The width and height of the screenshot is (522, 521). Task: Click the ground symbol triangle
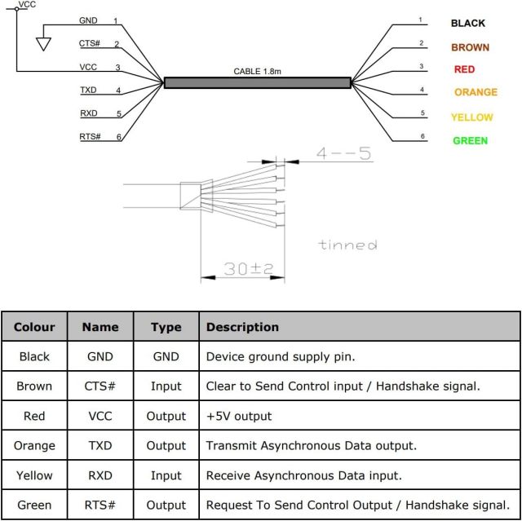pos(43,42)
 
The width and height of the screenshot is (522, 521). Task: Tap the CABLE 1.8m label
pos(257,71)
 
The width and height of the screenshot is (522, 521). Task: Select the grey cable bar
pos(257,82)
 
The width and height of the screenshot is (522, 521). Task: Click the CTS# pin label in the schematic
pos(90,43)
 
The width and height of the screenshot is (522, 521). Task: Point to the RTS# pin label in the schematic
pos(90,136)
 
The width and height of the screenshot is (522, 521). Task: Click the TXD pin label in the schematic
pos(89,90)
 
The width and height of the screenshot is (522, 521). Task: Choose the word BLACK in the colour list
pos(468,24)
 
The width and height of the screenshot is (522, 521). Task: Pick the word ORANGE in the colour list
pos(476,92)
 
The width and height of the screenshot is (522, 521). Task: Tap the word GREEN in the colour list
pos(471,140)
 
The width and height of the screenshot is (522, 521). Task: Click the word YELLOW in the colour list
pos(472,117)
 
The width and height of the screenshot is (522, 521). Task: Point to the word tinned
pos(347,245)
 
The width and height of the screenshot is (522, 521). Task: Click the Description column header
pos(242,327)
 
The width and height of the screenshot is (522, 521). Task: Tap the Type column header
pos(166,327)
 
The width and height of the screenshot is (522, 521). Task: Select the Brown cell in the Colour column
pos(34,386)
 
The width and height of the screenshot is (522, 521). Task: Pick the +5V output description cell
pos(239,416)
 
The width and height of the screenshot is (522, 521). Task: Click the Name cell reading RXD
pos(100,475)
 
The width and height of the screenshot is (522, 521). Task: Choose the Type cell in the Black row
pos(166,356)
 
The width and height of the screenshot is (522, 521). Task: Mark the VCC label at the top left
pos(27,5)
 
